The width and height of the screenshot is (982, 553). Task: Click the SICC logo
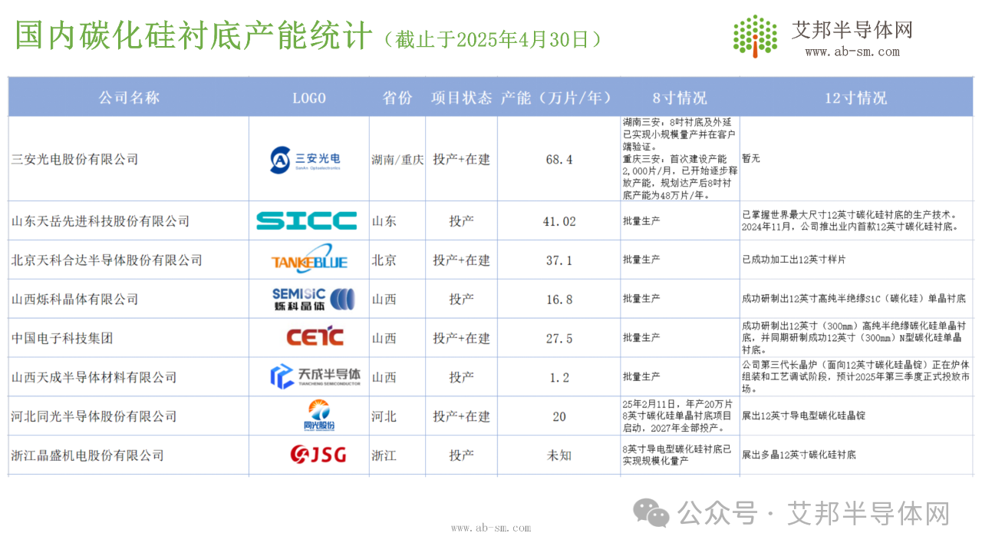tap(306, 220)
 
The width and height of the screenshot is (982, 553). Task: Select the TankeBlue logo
tap(309, 259)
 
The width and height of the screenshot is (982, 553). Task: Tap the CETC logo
tap(315, 336)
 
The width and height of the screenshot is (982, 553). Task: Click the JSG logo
tap(318, 454)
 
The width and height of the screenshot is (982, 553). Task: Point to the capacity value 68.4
tap(559, 159)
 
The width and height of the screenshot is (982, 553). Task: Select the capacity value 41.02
tap(559, 221)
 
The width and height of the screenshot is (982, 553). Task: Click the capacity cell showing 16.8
tap(559, 300)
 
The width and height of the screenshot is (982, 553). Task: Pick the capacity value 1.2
tap(559, 377)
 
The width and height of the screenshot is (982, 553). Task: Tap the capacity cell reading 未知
tap(559, 455)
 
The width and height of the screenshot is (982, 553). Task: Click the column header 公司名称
tap(129, 98)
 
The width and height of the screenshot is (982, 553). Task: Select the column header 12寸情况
tap(855, 98)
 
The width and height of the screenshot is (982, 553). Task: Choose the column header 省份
tap(397, 98)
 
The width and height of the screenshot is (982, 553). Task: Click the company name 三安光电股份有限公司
tap(74, 159)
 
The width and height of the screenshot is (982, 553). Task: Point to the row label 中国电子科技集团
tap(62, 338)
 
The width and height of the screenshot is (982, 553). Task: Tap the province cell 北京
tap(384, 260)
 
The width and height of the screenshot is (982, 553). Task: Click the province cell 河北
tap(384, 416)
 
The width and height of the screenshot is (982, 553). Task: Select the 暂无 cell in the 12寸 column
tap(751, 158)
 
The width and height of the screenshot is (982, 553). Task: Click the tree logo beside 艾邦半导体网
tap(756, 36)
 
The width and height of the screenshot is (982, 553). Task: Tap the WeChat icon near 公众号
tap(651, 512)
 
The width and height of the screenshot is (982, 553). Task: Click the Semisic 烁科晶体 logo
tap(313, 299)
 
